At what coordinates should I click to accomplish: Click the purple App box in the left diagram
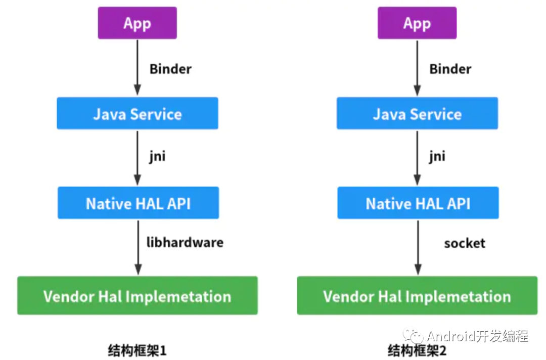pos(137,23)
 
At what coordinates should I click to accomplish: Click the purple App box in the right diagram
pos(417,23)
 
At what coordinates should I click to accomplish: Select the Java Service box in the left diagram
pos(137,114)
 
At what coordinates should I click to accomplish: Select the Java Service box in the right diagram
pos(417,114)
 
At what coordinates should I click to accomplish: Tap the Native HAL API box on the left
pos(138,203)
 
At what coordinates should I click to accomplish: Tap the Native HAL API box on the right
pos(418,203)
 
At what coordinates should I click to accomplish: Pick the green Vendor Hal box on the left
pos(137,296)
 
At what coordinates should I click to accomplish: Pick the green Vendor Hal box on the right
pos(417,296)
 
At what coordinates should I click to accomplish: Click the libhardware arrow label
pos(185,242)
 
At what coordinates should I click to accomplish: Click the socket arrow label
pos(464,243)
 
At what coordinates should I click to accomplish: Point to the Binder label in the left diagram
pos(170,69)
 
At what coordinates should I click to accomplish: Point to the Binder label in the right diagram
pos(450,69)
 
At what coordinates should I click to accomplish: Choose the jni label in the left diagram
pos(156,156)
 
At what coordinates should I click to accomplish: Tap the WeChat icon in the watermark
pos(413,335)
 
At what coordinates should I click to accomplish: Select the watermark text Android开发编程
pos(477,336)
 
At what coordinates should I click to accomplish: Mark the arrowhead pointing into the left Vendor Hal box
pos(137,270)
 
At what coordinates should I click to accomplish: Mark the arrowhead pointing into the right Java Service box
pos(417,91)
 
